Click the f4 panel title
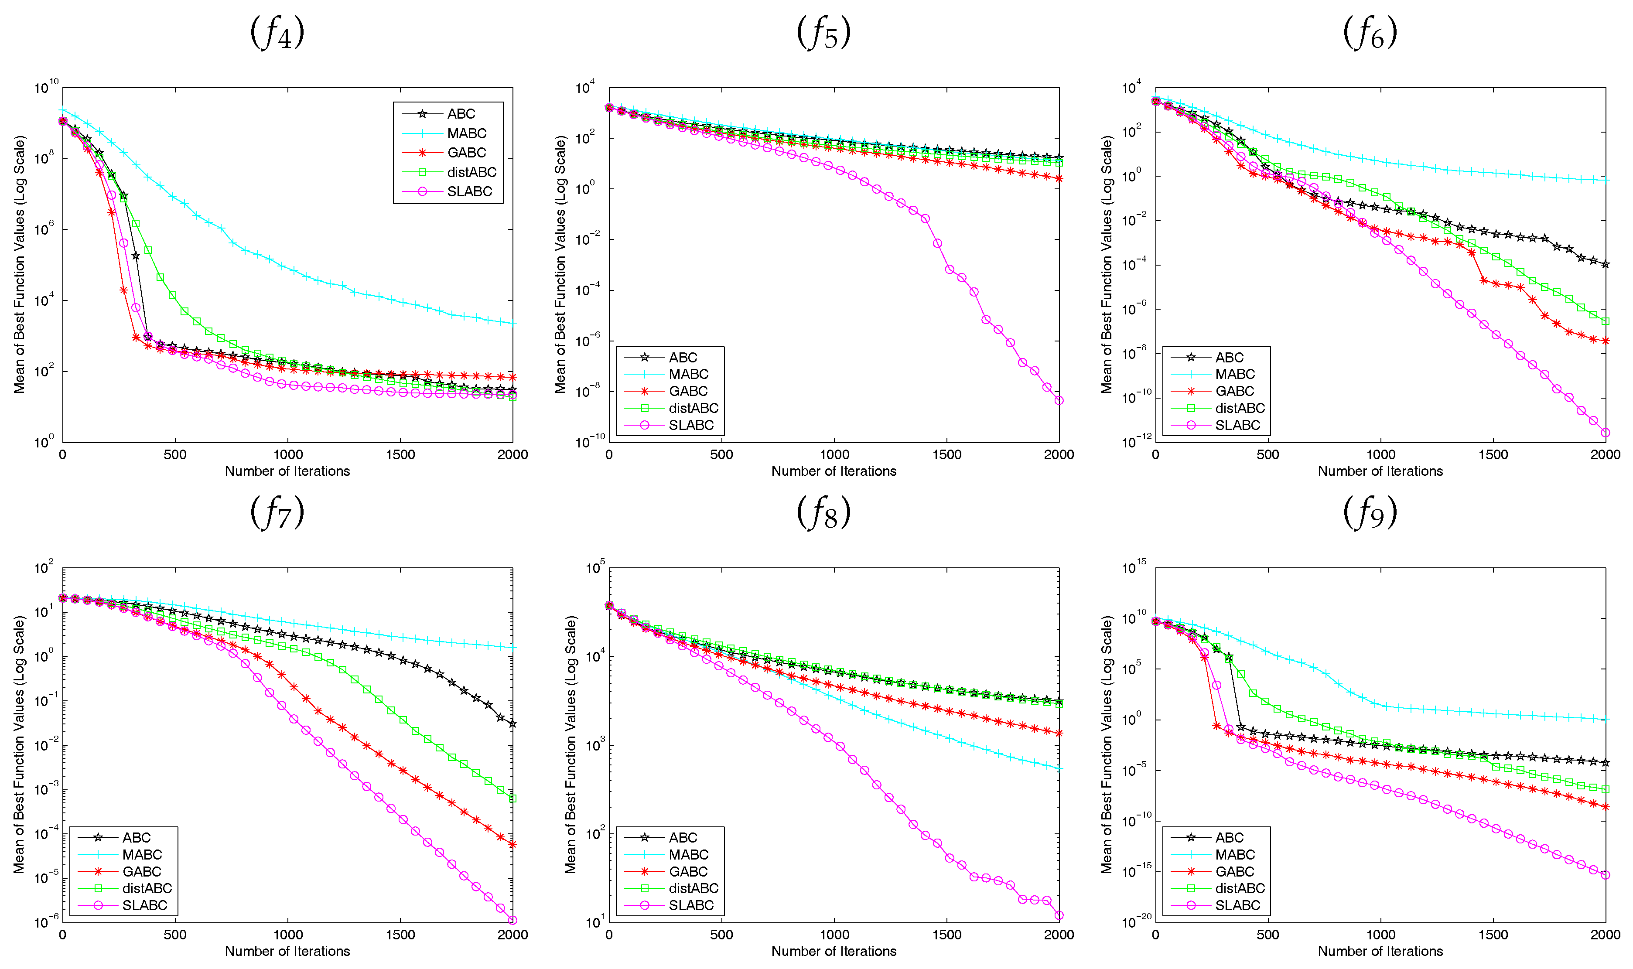pos(277,33)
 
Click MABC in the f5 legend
pos(688,374)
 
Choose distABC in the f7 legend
pos(147,888)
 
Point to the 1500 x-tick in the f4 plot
pos(400,454)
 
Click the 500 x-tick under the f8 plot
pos(721,935)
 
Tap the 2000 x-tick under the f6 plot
pos(1605,454)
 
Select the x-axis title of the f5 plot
pos(834,471)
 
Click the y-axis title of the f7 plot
pos(19,744)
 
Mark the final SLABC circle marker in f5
pos(1059,401)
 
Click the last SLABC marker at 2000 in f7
pos(512,920)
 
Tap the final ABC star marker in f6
pos(1606,264)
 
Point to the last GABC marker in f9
pos(1606,807)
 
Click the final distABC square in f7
pos(512,798)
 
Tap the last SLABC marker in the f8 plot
pos(1059,915)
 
